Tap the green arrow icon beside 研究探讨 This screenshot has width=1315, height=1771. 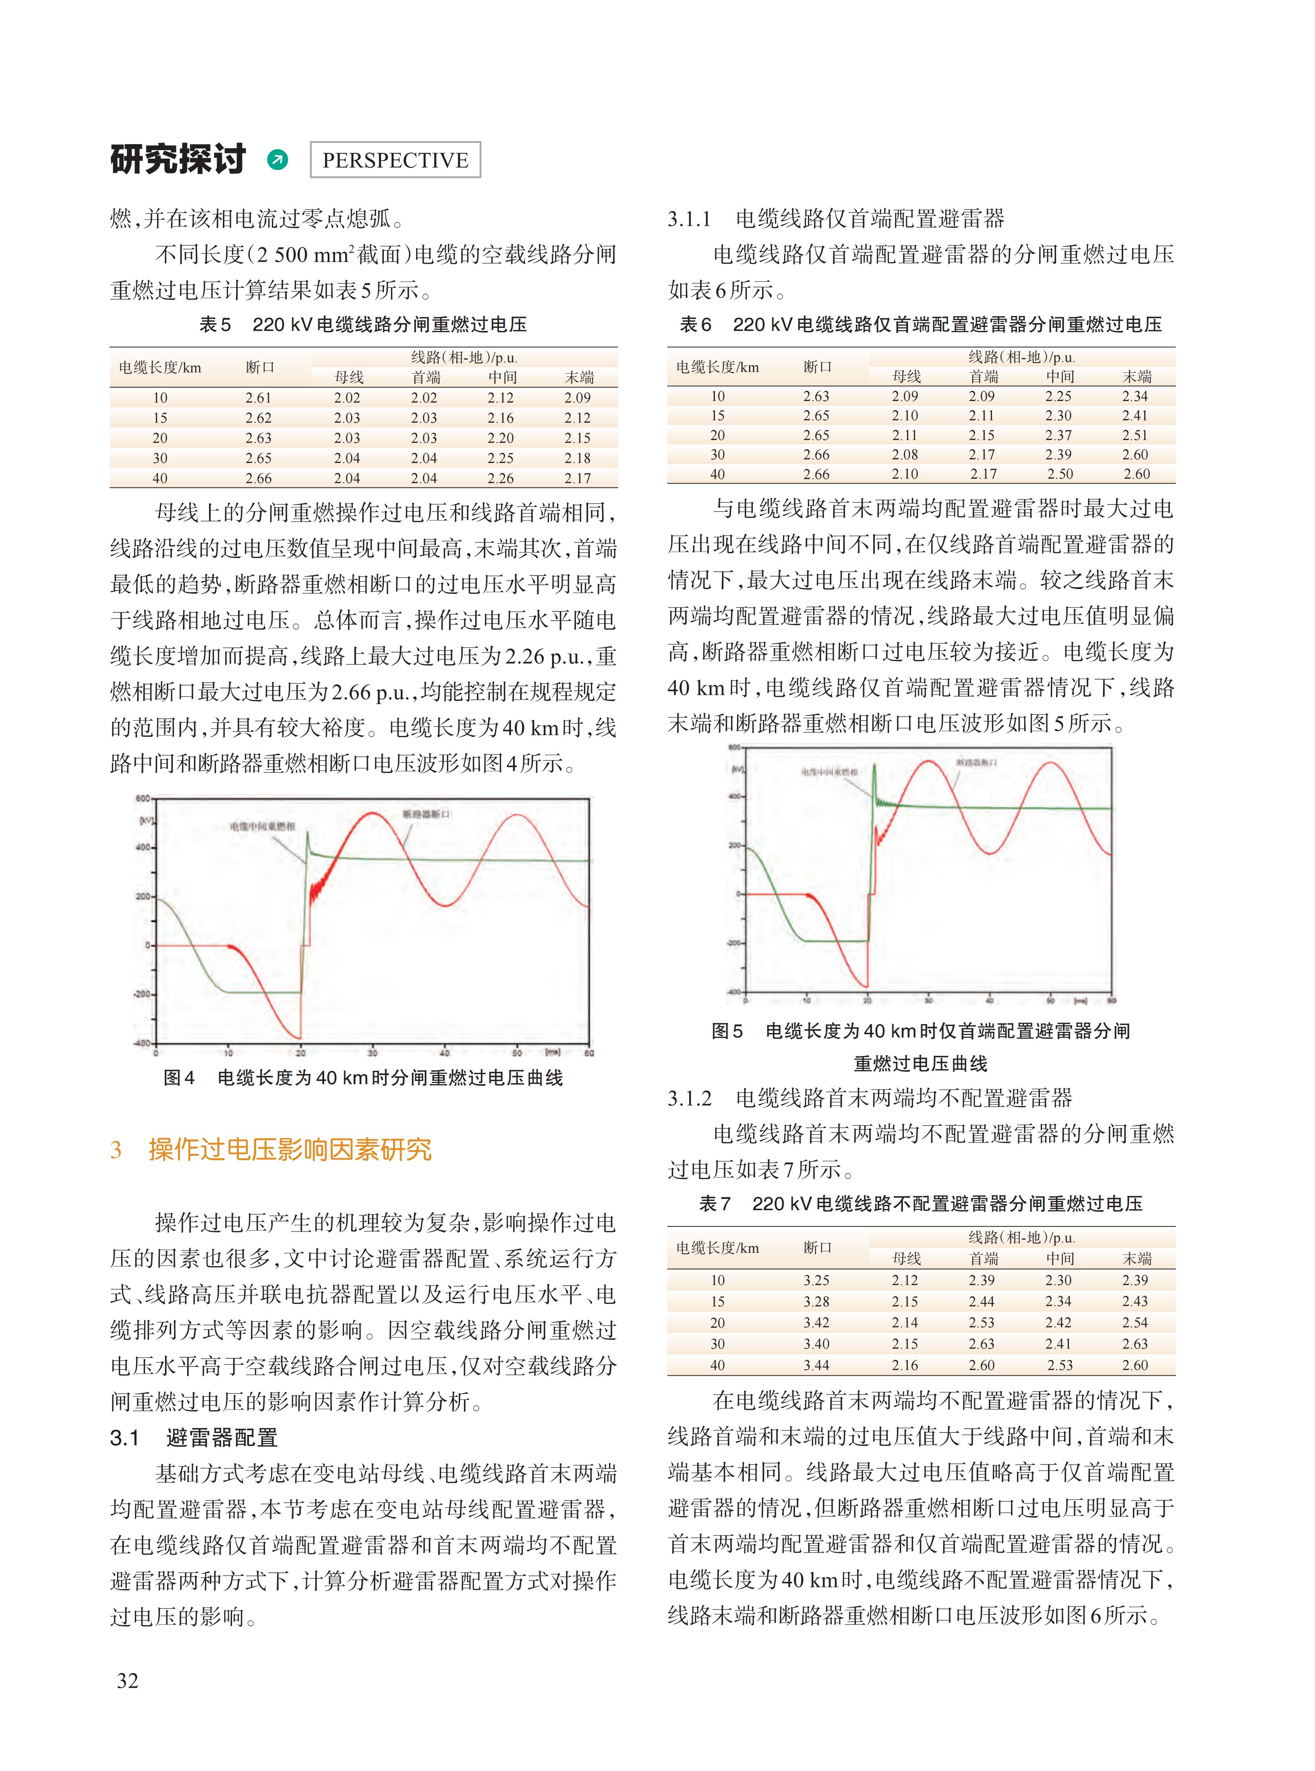[x=278, y=160]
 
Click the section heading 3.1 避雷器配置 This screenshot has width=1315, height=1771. [x=194, y=1437]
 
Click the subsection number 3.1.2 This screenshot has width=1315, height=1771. [x=690, y=1098]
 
